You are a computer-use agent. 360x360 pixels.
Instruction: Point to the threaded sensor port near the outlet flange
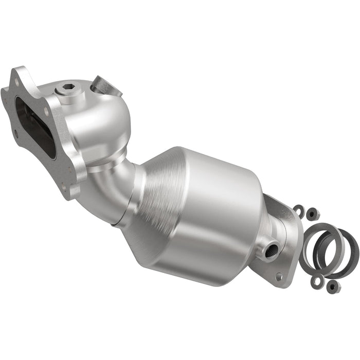[x=271, y=250]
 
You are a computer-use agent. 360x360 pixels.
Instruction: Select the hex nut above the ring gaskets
[x=311, y=212]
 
